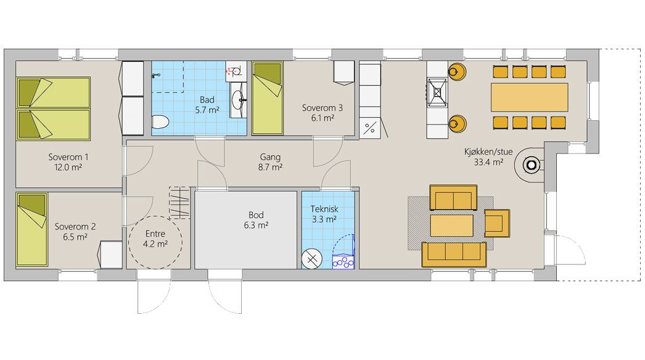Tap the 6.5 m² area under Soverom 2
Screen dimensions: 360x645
pos(70,236)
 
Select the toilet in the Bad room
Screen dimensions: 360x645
pos(159,122)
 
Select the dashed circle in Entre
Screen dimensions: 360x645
pos(155,243)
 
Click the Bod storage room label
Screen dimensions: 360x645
pos(256,215)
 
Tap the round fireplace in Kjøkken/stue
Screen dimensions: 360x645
pos(531,165)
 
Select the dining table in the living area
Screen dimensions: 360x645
pos(529,97)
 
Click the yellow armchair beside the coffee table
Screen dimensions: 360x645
pos(497,223)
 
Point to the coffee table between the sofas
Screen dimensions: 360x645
pos(451,225)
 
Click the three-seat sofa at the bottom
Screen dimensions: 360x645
pos(453,253)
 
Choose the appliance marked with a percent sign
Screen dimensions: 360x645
pos(370,129)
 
